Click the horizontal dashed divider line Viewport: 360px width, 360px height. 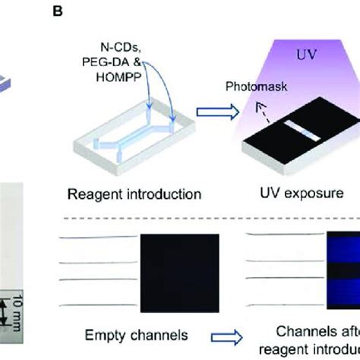click(205, 220)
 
